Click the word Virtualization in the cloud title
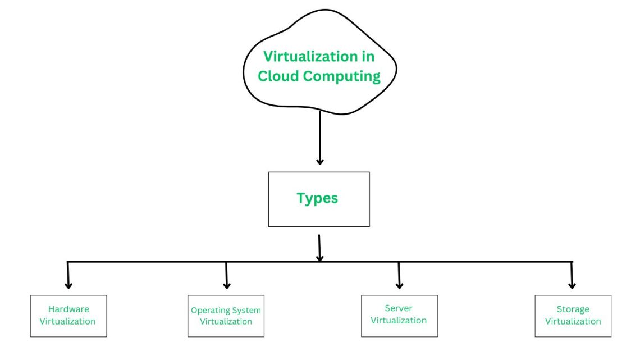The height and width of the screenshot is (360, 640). [x=307, y=57]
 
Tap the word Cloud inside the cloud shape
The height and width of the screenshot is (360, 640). [x=279, y=76]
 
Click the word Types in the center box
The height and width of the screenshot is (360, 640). [x=317, y=198]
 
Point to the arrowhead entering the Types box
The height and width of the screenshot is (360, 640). [x=320, y=161]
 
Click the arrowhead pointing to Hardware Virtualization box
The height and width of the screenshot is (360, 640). [x=68, y=284]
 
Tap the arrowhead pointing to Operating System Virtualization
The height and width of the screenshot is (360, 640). [x=227, y=285]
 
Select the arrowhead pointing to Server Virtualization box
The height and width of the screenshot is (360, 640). [x=399, y=285]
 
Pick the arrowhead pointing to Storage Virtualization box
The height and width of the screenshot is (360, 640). [x=572, y=285]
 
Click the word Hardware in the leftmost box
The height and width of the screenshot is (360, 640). [x=68, y=309]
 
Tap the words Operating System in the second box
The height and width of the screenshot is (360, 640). [x=226, y=310]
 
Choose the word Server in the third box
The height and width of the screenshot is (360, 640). [x=399, y=308]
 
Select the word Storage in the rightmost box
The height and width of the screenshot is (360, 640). [x=573, y=309]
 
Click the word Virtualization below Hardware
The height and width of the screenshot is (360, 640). [x=68, y=321]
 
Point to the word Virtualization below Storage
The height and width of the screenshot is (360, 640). [x=573, y=321]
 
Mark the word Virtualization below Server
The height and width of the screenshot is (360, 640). [x=399, y=321]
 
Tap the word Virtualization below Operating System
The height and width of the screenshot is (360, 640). [x=226, y=322]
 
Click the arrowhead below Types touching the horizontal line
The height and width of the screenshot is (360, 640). [x=319, y=258]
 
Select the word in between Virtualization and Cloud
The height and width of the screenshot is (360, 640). [x=368, y=57]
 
